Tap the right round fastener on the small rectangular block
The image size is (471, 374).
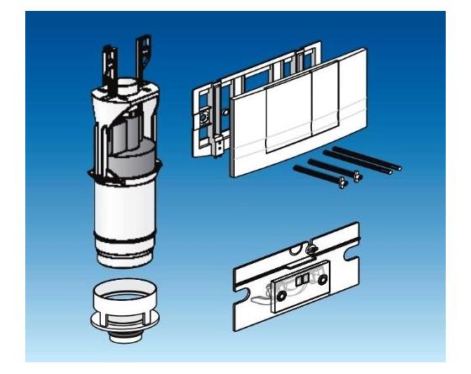pos(323,282)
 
